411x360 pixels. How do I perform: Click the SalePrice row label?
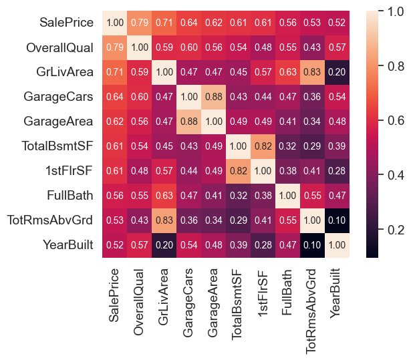point(66,23)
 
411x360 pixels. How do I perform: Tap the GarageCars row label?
point(59,97)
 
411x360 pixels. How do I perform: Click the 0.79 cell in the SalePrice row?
point(139,23)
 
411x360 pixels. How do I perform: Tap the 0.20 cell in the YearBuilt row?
point(163,245)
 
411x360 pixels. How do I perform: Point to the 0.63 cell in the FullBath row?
point(163,196)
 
